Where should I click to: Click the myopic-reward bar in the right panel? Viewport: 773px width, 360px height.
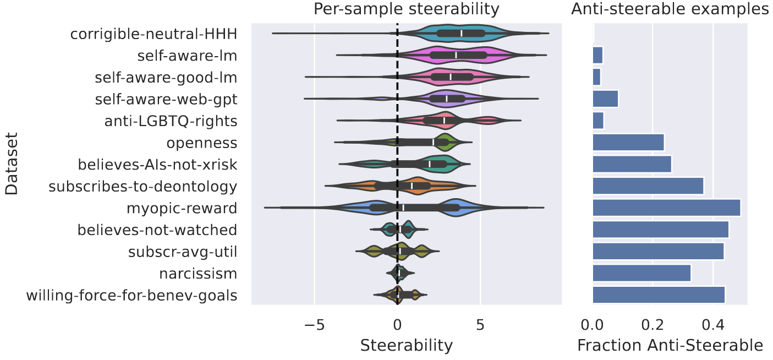pyautogui.click(x=666, y=208)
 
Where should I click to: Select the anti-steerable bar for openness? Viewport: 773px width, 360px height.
pyautogui.click(x=628, y=143)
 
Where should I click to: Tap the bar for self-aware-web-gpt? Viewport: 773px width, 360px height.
pyautogui.click(x=605, y=99)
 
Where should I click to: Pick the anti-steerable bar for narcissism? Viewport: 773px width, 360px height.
pyautogui.click(x=642, y=274)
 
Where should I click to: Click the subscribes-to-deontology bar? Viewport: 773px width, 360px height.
pyautogui.click(x=648, y=186)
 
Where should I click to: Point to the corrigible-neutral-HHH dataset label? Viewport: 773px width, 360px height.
pyautogui.click(x=153, y=34)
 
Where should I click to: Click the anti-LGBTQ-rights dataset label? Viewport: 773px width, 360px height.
pyautogui.click(x=171, y=121)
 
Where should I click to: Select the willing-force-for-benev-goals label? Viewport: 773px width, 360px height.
pyautogui.click(x=131, y=296)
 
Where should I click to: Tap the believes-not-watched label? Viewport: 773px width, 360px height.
pyautogui.click(x=157, y=230)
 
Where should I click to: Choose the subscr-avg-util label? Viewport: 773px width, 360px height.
pyautogui.click(x=183, y=252)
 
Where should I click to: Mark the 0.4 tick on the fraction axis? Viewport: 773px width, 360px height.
pyautogui.click(x=713, y=320)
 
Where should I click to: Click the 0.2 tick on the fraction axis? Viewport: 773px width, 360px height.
pyautogui.click(x=653, y=320)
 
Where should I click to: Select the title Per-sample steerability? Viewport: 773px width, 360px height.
pyautogui.click(x=407, y=9)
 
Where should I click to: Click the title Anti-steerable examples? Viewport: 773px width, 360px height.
pyautogui.click(x=670, y=9)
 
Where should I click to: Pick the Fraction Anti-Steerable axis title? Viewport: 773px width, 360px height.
pyautogui.click(x=670, y=345)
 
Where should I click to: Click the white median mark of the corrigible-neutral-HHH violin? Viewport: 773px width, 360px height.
pyautogui.click(x=462, y=33)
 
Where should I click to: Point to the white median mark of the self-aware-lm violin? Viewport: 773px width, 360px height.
pyautogui.click(x=456, y=55)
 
